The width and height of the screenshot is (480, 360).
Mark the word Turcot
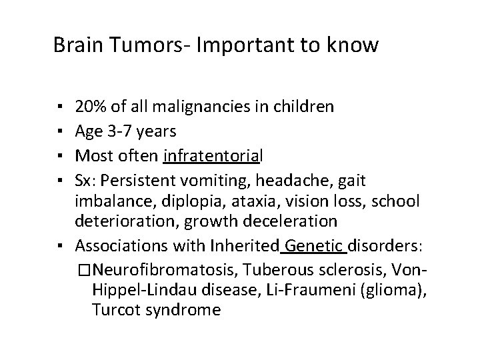[115, 310]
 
